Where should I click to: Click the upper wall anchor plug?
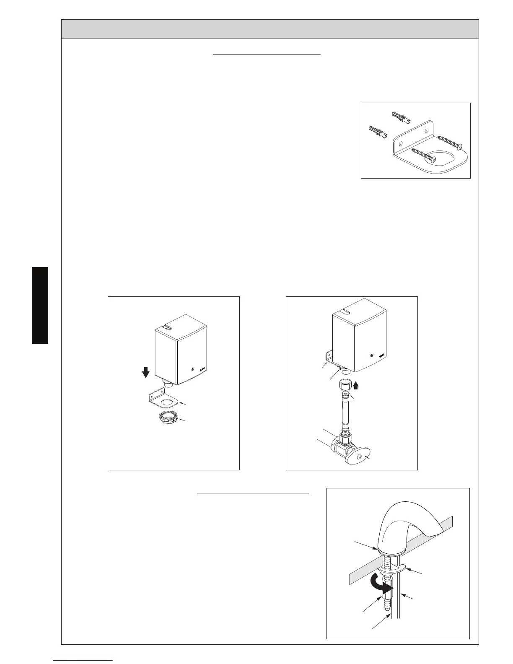[x=402, y=118]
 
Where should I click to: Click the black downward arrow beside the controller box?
[x=145, y=372]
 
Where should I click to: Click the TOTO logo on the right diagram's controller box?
[x=381, y=356]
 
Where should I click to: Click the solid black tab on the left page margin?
[x=40, y=305]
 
